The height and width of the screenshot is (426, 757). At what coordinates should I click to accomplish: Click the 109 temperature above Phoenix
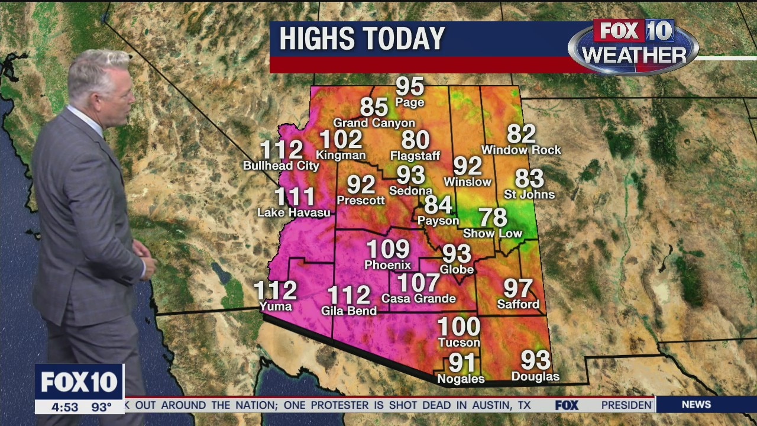pos(388,249)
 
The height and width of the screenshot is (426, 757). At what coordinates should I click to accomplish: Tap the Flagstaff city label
pos(415,156)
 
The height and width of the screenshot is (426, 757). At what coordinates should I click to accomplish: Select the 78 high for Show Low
pos(493,217)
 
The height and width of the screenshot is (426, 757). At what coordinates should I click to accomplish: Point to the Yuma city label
pos(276,306)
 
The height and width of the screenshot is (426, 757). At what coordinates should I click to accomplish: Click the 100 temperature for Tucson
pos(458,326)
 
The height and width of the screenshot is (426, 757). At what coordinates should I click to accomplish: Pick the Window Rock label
pos(521,150)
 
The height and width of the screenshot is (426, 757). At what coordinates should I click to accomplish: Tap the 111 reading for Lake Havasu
pos(295,196)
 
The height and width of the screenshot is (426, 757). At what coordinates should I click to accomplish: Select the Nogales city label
pos(461,379)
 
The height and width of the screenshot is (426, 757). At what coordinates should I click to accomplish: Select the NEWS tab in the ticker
pos(696,405)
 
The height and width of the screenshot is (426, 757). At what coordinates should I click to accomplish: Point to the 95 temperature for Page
pos(410,86)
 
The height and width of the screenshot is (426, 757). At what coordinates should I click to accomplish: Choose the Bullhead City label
pos(281,166)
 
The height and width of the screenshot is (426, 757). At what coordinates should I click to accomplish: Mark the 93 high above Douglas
pos(535,360)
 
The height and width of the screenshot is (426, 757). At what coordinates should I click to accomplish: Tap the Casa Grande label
pos(419,298)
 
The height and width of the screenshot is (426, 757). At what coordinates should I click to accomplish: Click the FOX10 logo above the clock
pos(79,382)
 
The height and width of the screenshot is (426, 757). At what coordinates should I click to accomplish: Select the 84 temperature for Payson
pos(438,205)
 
